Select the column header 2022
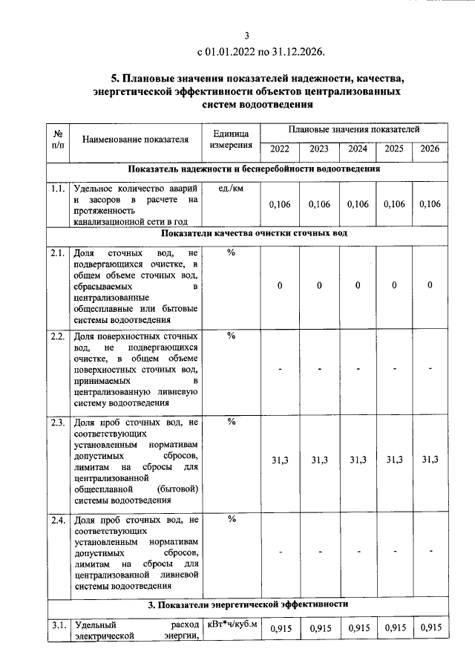pos(280,149)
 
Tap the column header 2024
pos(358,149)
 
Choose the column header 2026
pos(430,149)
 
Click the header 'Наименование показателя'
pos(135,139)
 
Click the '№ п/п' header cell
pos(58,139)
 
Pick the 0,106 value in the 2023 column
pos(319,205)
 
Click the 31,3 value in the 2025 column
pos(394,460)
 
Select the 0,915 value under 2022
pos(280,629)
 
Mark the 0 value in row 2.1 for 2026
pos(430,286)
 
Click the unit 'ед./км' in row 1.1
pos(231,189)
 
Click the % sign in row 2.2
pos(231,336)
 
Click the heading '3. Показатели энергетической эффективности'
pos(255,604)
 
